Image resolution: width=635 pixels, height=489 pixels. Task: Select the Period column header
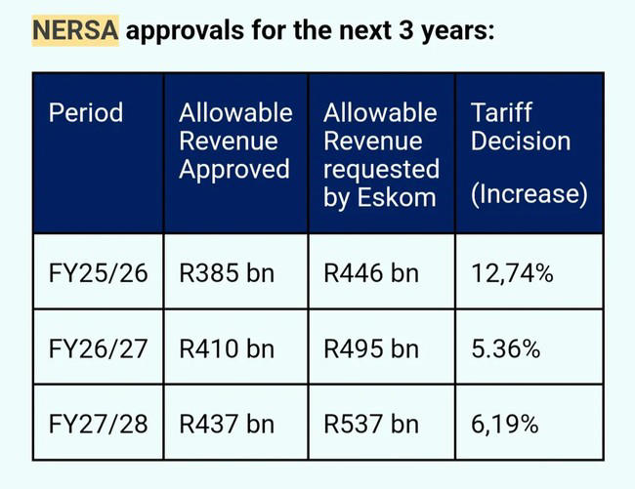tap(86, 112)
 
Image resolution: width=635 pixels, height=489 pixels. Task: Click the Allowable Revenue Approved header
tap(234, 141)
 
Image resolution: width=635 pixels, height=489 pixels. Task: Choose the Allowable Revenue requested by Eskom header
tap(381, 154)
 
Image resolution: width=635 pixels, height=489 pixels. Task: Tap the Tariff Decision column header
tap(521, 127)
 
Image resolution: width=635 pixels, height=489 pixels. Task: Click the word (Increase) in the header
tap(529, 194)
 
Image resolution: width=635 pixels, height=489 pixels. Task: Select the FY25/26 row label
tap(98, 273)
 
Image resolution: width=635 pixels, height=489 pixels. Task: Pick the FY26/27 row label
tap(98, 348)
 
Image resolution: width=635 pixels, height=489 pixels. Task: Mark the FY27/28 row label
tap(98, 424)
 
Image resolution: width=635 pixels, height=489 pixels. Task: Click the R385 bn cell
tap(227, 273)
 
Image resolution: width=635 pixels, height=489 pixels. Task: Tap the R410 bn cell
tap(227, 348)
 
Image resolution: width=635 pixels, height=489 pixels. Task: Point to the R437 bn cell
tap(227, 424)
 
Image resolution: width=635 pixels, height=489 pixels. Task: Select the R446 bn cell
tap(370, 273)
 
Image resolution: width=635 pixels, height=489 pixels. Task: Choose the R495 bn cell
tap(370, 348)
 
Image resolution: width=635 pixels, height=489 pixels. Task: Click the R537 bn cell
tap(370, 424)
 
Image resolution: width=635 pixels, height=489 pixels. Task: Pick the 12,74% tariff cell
tap(512, 273)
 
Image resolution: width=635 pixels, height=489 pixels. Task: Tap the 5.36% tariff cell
tap(506, 348)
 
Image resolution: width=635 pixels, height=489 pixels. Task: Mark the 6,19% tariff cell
tap(506, 424)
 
